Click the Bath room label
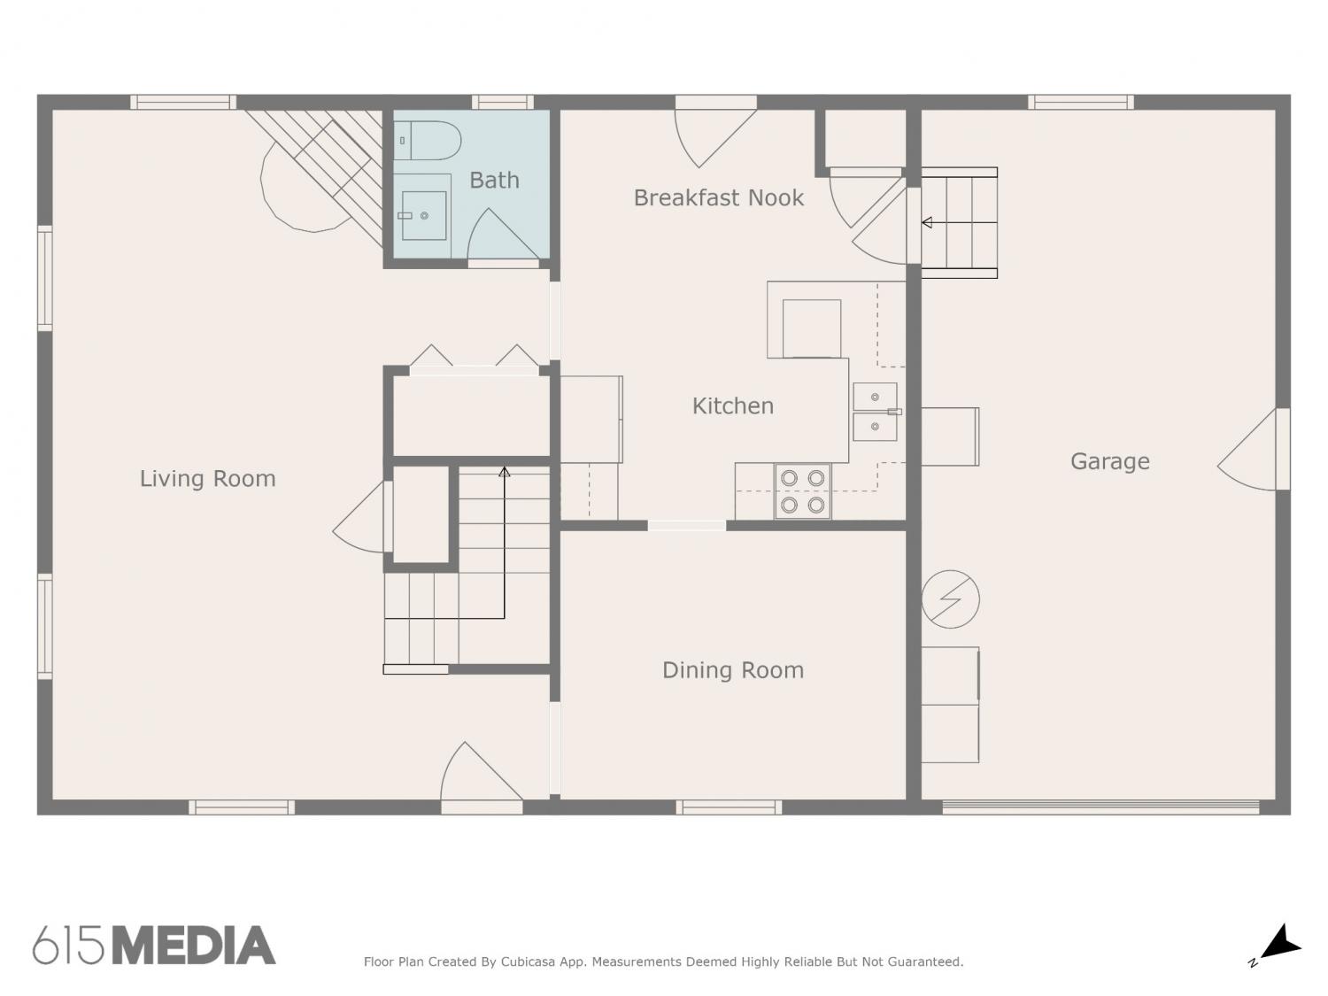pyautogui.click(x=494, y=181)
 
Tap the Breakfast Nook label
pyautogui.click(x=718, y=197)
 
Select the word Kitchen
pyautogui.click(x=733, y=405)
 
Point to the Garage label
pyautogui.click(x=1109, y=461)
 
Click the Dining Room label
pyautogui.click(x=733, y=670)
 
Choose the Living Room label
pyautogui.click(x=207, y=478)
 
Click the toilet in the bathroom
pyautogui.click(x=427, y=140)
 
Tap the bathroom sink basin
pyautogui.click(x=423, y=215)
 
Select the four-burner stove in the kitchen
pyautogui.click(x=802, y=491)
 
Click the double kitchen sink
pyautogui.click(x=875, y=412)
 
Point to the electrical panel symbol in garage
pyautogui.click(x=950, y=599)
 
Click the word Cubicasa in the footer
pyautogui.click(x=528, y=961)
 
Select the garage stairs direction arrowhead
pyautogui.click(x=926, y=222)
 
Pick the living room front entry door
pyautogui.click(x=482, y=777)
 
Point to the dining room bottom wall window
pyautogui.click(x=729, y=807)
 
